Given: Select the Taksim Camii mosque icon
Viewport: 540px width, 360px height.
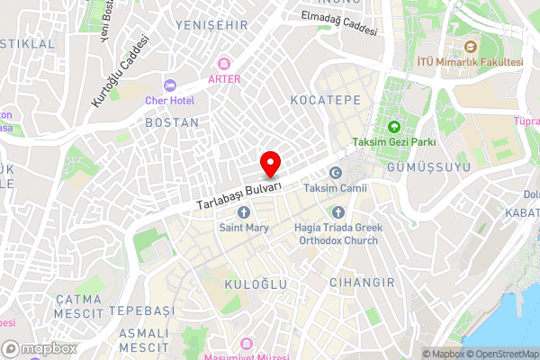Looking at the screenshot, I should (337, 173).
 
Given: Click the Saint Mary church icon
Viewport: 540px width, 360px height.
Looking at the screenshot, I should (244, 212).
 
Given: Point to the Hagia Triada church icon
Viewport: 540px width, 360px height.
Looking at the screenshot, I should (338, 212).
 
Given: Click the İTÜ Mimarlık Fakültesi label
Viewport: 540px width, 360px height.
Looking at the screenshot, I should (470, 61).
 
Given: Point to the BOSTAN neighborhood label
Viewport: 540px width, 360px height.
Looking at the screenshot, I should (171, 121).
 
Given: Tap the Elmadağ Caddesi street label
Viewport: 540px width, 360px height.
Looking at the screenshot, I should (338, 22).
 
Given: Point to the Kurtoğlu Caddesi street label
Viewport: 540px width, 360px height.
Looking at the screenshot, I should (118, 72).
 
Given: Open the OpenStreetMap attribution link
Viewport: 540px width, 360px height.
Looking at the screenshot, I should (501, 353).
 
